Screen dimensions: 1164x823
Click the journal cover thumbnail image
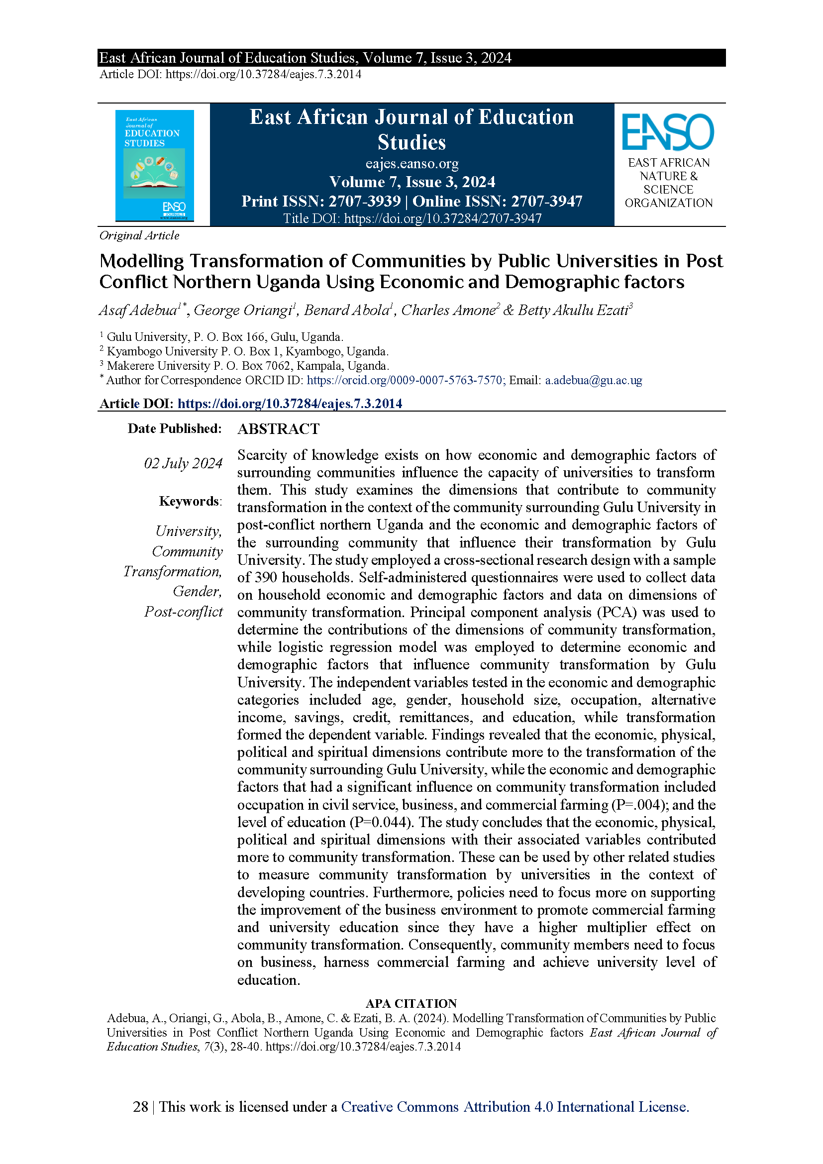(x=155, y=165)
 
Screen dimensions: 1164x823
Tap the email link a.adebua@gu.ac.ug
(x=594, y=380)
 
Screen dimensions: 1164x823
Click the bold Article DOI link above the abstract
(x=290, y=404)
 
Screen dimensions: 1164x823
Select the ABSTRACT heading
(x=278, y=429)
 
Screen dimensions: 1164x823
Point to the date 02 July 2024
(x=184, y=463)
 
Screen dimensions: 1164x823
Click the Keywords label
(x=190, y=502)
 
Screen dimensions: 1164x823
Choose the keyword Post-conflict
(x=184, y=612)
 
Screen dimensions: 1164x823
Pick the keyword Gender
(x=197, y=591)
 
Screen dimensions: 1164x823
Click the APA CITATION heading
(x=411, y=1003)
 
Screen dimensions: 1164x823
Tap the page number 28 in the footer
(x=140, y=1107)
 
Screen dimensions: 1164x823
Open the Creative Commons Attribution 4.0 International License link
(x=515, y=1107)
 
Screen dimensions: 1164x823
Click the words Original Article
(x=139, y=235)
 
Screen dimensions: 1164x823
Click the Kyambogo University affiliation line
(x=247, y=351)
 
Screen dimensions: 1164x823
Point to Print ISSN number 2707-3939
(x=364, y=201)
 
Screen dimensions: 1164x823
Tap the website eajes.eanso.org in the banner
(x=411, y=164)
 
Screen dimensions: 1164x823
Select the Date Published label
(x=174, y=428)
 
